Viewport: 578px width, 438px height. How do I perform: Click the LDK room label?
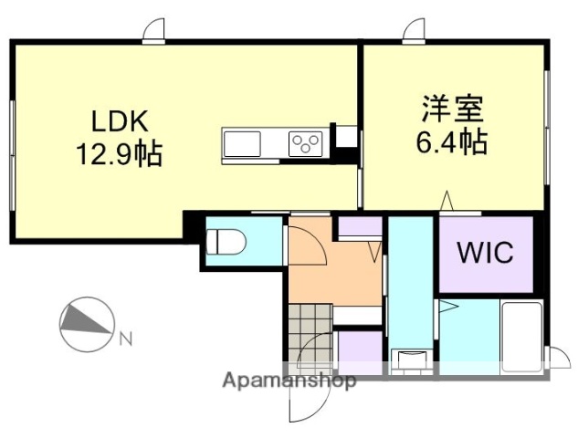point(118,120)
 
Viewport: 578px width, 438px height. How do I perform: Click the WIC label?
point(485,251)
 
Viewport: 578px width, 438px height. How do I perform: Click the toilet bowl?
point(225,242)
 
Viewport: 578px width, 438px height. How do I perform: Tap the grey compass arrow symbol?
point(86,321)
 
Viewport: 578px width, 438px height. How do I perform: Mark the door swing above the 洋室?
point(416,32)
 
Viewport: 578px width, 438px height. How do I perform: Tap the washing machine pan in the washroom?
point(408,360)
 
